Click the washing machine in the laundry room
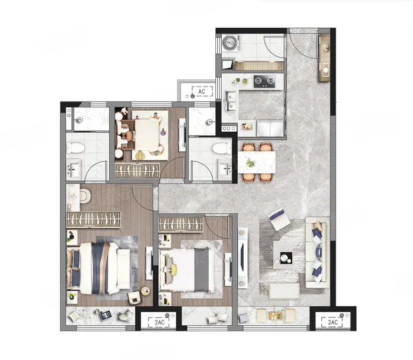pos(231,43)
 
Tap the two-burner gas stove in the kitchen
pos(264,81)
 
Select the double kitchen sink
pos(230,101)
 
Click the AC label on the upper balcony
pos(202,91)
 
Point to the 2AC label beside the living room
pos(333,322)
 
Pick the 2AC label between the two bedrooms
pos(160,323)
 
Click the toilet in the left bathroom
pos(76,148)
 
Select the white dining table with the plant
pos(257,162)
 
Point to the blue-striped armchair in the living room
pos(279,219)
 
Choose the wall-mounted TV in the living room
pos(242,256)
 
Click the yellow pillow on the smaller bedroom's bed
pos(174,269)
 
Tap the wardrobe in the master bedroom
pos(94,219)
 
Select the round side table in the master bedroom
pos(145,291)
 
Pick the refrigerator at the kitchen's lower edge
pos(270,128)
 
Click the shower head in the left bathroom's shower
pos(79,120)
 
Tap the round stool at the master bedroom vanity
pos(85,195)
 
